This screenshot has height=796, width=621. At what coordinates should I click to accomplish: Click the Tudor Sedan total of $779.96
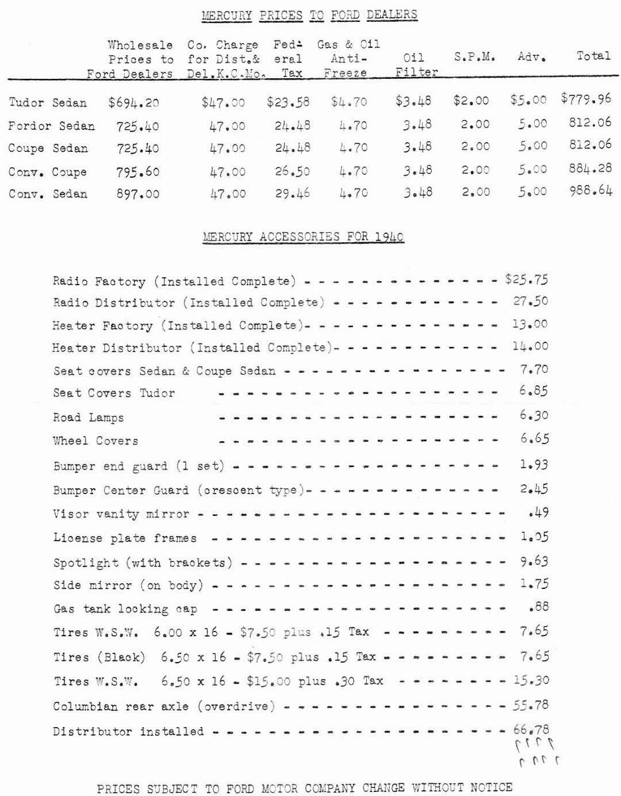coord(586,100)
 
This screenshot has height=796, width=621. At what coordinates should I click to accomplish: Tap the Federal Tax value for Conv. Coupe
coord(289,172)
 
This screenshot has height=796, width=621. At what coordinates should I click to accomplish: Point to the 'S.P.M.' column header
coord(471,57)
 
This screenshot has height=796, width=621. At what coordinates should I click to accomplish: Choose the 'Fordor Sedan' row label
coord(52,125)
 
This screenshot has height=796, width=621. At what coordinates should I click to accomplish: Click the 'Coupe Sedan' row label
coord(48,149)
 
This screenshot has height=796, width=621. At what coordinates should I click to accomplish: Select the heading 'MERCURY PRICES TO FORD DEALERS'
coord(309,14)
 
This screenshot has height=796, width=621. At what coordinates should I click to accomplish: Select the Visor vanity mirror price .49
coord(539,512)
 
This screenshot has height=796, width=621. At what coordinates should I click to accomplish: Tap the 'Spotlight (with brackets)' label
coord(143,563)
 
